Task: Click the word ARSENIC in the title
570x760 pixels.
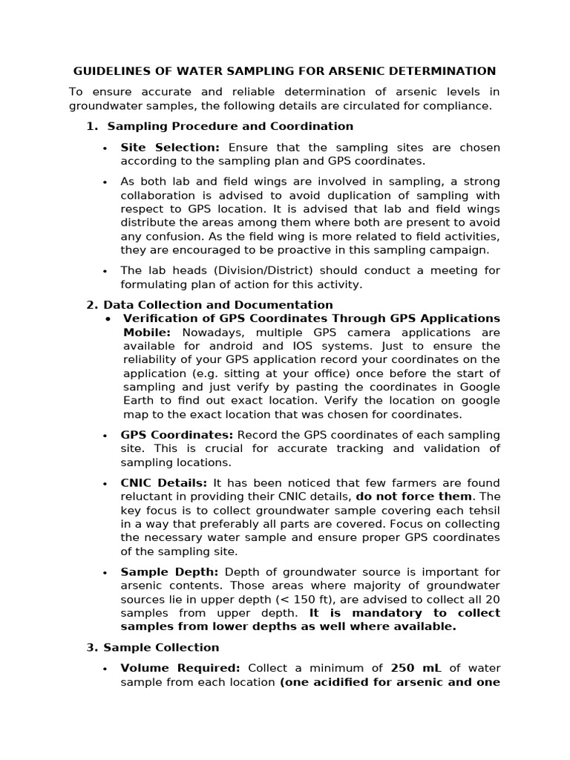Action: point(377,71)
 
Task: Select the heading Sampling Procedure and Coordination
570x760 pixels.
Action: point(229,126)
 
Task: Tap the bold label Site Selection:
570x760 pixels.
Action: point(170,147)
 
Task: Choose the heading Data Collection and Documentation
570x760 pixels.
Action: point(217,305)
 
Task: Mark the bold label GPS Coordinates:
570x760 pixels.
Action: point(177,435)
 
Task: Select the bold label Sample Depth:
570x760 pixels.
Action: point(169,572)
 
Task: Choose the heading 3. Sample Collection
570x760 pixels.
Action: point(153,648)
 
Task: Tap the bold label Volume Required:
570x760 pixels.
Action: point(181,669)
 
